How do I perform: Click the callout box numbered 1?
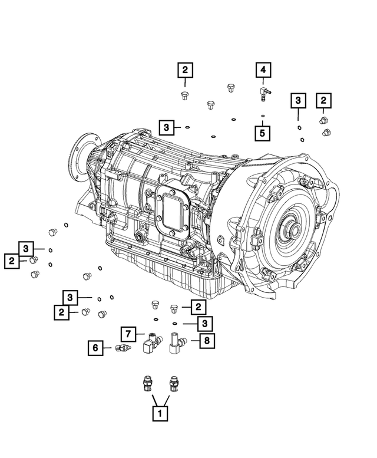[157, 414]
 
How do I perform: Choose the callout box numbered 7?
[130, 333]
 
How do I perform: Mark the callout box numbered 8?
[206, 340]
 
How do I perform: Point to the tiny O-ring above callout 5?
[263, 115]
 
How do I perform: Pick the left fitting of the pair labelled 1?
[145, 383]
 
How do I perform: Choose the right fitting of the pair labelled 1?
[173, 383]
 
